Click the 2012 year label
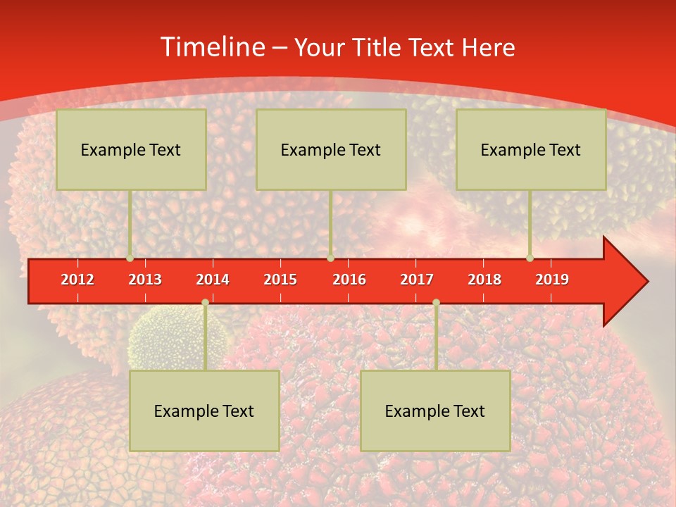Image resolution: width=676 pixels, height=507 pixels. tap(77, 280)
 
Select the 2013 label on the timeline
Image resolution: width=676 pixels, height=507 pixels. tap(145, 280)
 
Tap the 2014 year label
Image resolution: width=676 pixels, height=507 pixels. tap(213, 280)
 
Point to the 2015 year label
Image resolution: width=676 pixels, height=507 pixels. tap(280, 280)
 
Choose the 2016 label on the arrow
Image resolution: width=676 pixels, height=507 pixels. tap(349, 280)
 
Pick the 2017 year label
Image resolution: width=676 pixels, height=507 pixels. tap(417, 280)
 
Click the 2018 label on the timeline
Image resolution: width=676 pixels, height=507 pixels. tap(484, 280)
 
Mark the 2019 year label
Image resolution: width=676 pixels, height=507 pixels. tap(552, 280)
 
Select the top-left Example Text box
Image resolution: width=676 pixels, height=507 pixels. tap(131, 149)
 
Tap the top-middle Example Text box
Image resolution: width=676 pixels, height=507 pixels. tap(331, 149)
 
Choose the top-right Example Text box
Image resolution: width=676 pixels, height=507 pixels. tap(531, 149)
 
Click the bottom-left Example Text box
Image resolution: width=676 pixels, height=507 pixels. tap(204, 411)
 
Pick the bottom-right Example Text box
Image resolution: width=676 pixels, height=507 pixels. tap(435, 411)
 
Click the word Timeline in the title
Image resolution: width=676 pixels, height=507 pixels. tap(212, 47)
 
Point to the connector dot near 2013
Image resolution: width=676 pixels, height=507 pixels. tap(130, 258)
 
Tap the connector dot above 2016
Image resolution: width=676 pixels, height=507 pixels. tap(331, 258)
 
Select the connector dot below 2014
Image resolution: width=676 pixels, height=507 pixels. tap(205, 303)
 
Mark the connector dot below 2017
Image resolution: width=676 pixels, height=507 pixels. tap(436, 303)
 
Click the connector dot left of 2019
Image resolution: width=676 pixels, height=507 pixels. tap(530, 258)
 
